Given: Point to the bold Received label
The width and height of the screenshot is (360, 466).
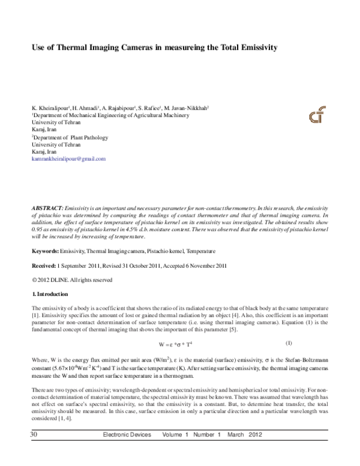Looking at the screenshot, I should click(46, 265).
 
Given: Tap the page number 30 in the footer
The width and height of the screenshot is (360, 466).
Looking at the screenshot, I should click(26, 450).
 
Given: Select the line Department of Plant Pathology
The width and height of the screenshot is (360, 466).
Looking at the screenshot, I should click(67, 138).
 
